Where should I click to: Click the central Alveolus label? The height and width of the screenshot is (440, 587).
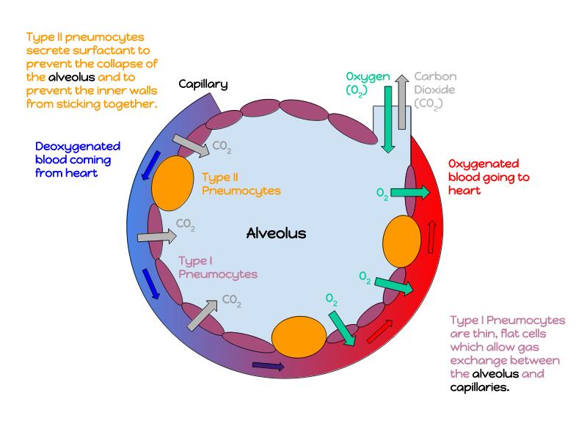coord(276,234)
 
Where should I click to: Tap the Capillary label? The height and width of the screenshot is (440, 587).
coord(203,84)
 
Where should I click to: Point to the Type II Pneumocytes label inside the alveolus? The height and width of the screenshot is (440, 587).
coord(230,183)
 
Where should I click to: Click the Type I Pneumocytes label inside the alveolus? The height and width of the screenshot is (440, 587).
coord(218,268)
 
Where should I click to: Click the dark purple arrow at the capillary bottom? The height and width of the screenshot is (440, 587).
coord(269,366)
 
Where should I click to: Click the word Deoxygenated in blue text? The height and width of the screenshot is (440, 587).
coord(78,147)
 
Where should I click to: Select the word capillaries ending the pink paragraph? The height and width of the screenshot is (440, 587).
coord(479,386)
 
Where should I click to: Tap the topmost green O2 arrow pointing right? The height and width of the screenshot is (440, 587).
coord(410,193)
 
